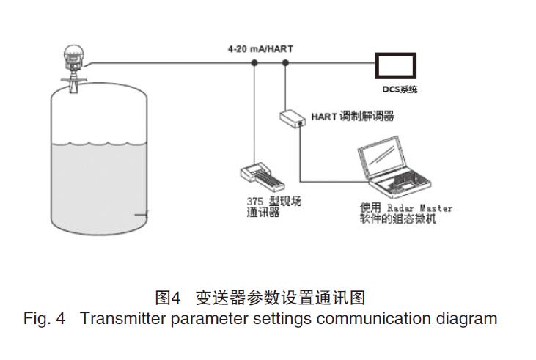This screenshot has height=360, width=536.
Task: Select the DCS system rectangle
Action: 396,67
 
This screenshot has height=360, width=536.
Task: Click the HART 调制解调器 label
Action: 352,116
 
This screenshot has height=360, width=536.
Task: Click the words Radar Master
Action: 419,208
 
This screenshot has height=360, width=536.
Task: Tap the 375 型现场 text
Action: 273,202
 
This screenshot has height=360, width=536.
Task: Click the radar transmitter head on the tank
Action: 73,54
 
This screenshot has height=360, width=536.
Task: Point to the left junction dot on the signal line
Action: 254,63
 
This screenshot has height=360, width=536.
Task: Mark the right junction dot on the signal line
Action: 285,63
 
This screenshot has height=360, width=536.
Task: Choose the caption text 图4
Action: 168,298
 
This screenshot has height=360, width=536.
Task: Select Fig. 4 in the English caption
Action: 44,319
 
